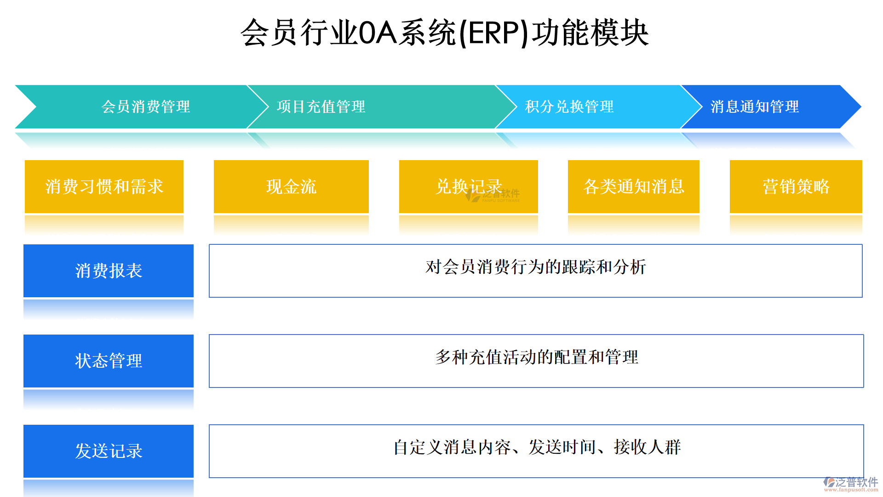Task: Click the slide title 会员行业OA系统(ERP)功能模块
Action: coord(444,33)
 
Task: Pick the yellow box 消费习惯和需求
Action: coord(104,186)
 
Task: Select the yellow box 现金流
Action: coord(291,186)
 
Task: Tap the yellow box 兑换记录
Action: coord(469,186)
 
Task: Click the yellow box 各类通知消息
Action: coord(634,186)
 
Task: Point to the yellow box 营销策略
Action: coord(796,186)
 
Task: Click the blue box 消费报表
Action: coord(109,271)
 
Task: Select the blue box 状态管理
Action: coord(109,361)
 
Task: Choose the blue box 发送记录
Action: coord(109,451)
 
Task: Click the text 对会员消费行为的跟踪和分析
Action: coord(536,267)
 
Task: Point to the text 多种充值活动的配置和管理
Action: coord(537,357)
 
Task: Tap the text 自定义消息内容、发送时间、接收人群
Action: coord(537,447)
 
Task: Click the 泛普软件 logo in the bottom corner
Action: coord(851,484)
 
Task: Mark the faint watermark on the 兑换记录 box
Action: coord(493,195)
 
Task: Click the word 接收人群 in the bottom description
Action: coord(647,447)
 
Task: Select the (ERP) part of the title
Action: coord(494,33)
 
